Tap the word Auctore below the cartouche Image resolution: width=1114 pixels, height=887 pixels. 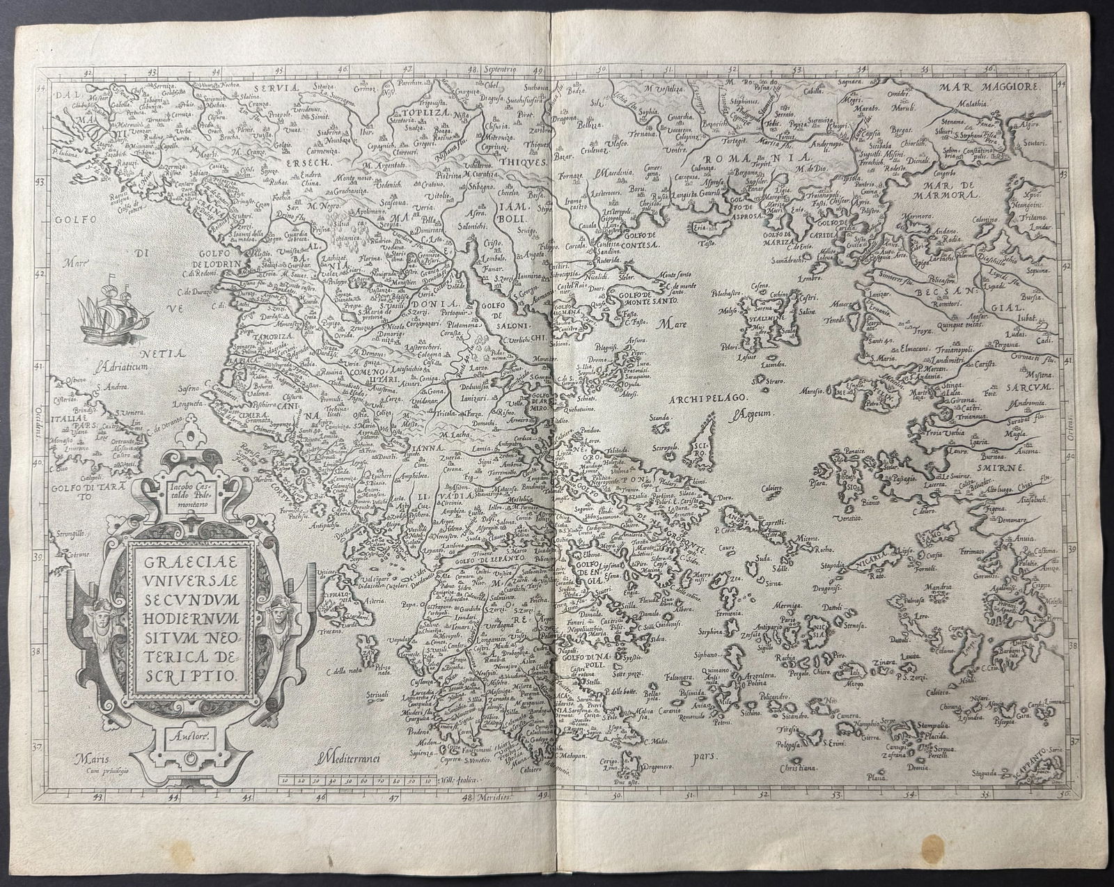click(x=188, y=733)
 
